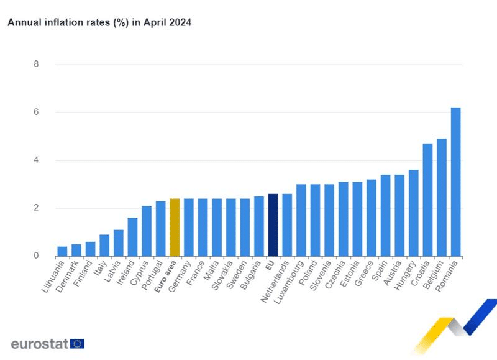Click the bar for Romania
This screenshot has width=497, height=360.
[x=455, y=182]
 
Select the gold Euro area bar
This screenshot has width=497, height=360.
[x=175, y=228]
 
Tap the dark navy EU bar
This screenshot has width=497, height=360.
[x=273, y=225]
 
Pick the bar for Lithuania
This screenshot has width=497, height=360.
[x=62, y=251]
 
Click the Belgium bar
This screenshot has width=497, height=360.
[x=442, y=197]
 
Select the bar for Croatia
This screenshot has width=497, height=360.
[x=427, y=200]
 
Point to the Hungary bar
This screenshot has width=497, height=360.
[x=413, y=213]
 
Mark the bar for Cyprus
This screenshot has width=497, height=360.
[x=147, y=231]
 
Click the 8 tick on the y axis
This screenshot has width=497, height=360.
[x=36, y=64]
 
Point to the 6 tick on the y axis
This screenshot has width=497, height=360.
[x=36, y=113]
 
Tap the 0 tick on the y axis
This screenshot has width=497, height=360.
[x=36, y=256]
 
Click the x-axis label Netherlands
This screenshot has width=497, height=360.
[x=276, y=280]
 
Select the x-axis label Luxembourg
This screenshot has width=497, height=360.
[x=290, y=281]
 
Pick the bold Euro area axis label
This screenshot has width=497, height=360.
[x=166, y=276]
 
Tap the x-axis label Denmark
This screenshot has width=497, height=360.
[x=68, y=277]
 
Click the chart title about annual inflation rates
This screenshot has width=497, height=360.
[x=99, y=22]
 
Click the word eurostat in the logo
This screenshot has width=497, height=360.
[x=39, y=344]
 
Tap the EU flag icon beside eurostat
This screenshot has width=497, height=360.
[x=78, y=344]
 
